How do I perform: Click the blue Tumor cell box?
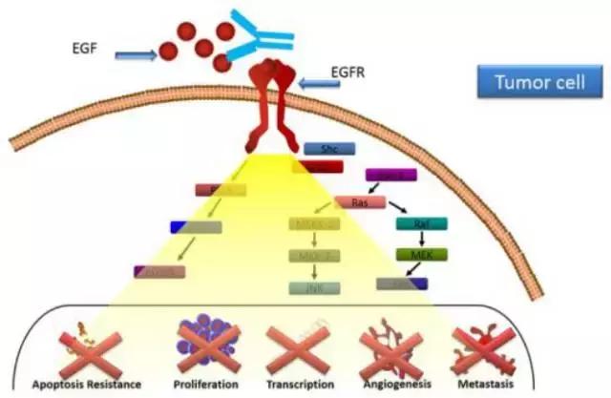pos(532,83)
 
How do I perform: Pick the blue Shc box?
pos(329,148)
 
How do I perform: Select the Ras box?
pos(360,202)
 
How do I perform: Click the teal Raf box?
pos(421,224)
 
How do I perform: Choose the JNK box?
pos(314,287)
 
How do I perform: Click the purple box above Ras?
pos(390,175)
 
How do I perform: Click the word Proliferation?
pos(208,384)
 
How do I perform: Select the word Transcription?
pos(301,384)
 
